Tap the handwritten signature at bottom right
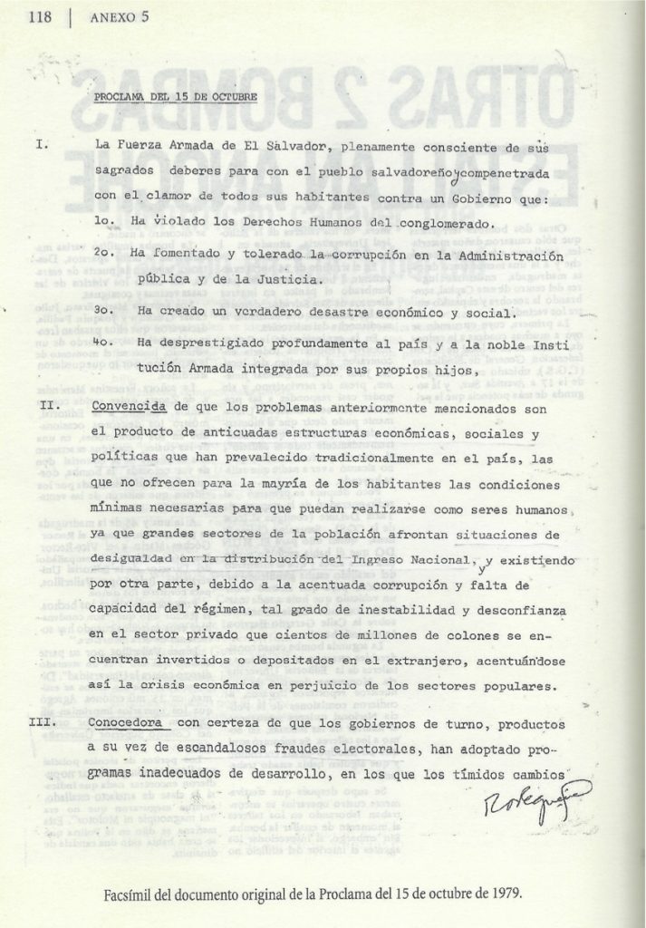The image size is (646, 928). tap(516, 797)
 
